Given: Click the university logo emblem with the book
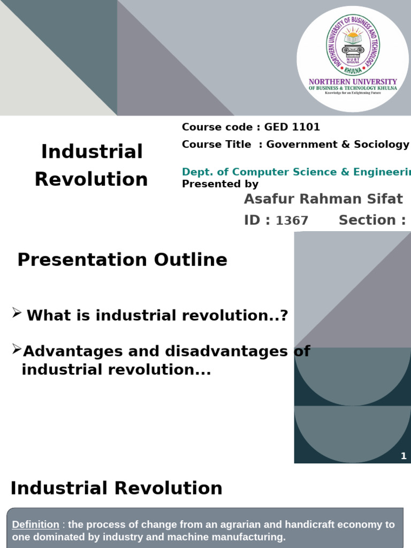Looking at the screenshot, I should pos(353,49).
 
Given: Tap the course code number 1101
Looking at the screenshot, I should pos(307,127).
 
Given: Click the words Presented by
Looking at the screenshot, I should pos(220,184).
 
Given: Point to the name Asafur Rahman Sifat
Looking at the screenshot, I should pos(323,199).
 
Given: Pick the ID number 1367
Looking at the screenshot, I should pos(292,220).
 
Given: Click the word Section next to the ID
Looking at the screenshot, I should pos(368,220).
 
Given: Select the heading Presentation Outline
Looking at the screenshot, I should pos(122,260).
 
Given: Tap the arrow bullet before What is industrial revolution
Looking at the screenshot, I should pos(17,314).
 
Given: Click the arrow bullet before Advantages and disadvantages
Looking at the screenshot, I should pos(17,350).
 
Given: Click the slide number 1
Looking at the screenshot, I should pos(404,456).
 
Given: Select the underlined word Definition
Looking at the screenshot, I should pos(35,524).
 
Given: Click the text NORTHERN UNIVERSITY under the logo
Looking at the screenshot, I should pos(353,82).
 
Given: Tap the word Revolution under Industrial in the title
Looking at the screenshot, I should pos(91,179).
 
